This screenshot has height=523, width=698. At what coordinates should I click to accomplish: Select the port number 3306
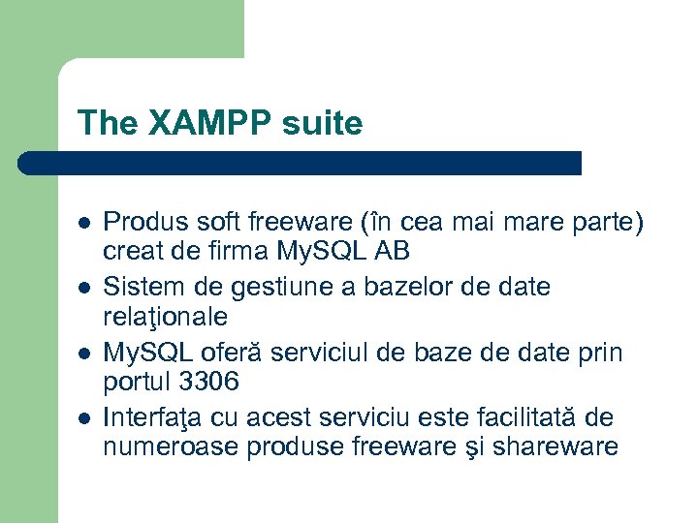coord(205,382)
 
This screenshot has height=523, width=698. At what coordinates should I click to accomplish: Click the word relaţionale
coord(166,317)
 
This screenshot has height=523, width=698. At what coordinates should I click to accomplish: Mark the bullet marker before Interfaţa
coord(84,418)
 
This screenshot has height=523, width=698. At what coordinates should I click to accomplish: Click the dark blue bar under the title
coord(301,163)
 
